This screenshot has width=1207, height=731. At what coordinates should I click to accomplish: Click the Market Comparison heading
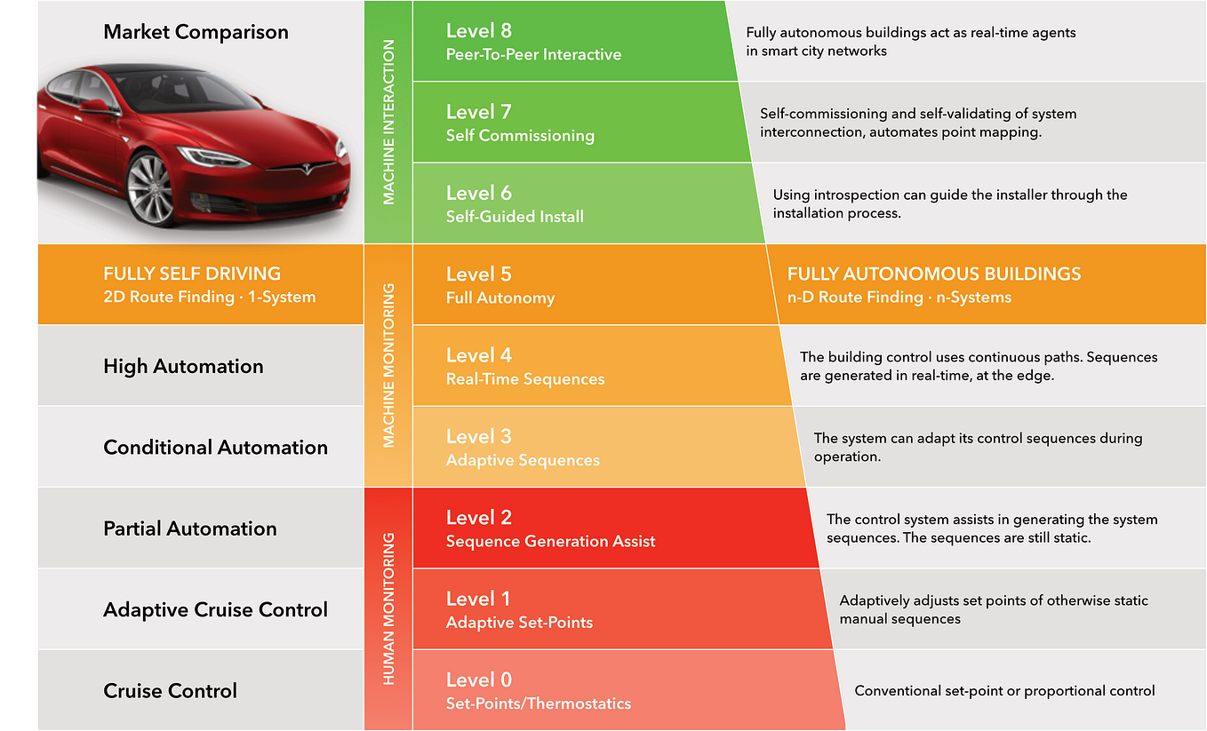click(x=196, y=32)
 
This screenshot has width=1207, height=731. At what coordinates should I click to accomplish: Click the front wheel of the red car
click(x=150, y=188)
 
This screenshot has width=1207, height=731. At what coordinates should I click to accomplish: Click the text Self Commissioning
click(x=520, y=136)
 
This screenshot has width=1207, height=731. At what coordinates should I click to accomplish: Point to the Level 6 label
click(x=478, y=193)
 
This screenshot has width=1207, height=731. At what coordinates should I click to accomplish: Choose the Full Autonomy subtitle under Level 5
click(x=500, y=298)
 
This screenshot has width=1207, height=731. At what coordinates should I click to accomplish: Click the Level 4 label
click(x=478, y=355)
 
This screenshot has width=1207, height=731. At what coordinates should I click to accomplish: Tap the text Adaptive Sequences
click(x=523, y=460)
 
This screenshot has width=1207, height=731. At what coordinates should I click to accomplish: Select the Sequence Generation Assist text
click(x=550, y=541)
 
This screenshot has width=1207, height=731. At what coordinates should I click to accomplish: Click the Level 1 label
click(x=478, y=599)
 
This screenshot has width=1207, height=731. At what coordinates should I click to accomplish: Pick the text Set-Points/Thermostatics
click(x=538, y=703)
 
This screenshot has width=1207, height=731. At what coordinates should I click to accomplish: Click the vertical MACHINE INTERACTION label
click(x=388, y=122)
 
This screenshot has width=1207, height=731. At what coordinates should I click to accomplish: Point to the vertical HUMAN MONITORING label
click(x=388, y=608)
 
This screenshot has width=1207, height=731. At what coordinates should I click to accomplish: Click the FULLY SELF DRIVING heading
click(x=191, y=274)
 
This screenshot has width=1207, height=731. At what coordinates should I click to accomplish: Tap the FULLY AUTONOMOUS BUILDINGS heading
click(x=934, y=274)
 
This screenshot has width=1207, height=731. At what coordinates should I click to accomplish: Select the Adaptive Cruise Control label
click(x=215, y=609)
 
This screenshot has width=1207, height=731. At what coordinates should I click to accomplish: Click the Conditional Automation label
click(x=215, y=447)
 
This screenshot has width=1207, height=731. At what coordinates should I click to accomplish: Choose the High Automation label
click(x=183, y=366)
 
